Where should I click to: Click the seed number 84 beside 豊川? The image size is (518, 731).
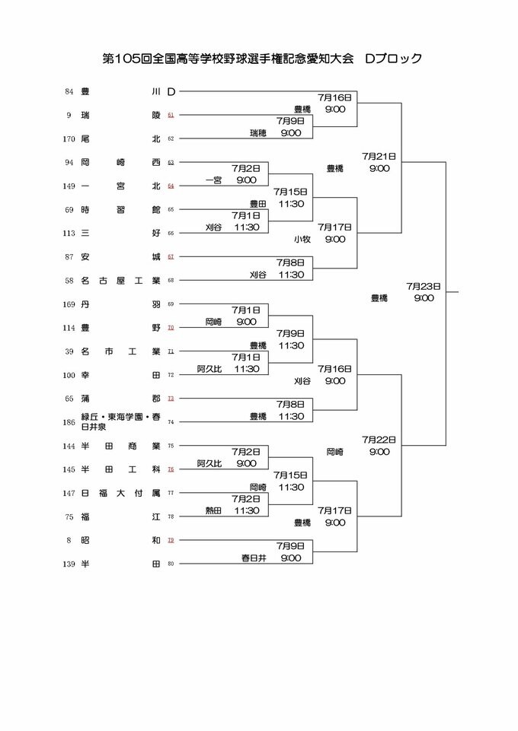point(69,92)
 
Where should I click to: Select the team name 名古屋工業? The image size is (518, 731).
point(120,280)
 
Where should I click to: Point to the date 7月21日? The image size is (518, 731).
point(379,156)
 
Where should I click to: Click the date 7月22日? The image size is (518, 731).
point(379,440)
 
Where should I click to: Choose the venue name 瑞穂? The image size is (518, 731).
point(259,132)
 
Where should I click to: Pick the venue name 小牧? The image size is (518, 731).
point(302,239)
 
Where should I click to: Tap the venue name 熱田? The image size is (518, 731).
point(215,510)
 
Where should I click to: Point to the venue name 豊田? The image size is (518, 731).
point(258,204)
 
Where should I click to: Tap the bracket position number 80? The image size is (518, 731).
point(171,564)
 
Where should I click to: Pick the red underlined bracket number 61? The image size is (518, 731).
point(171,115)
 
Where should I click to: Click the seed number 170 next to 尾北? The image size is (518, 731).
point(70,138)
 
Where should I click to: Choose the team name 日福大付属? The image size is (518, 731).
point(120,493)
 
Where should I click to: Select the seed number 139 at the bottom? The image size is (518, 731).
point(70,563)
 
